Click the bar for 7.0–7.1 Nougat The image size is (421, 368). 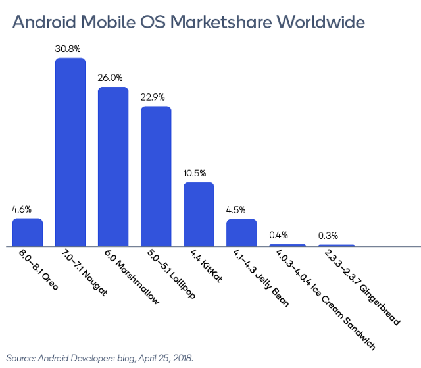coord(70,152)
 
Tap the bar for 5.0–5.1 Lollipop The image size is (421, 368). coord(156,176)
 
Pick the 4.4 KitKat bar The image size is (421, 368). coord(199,214)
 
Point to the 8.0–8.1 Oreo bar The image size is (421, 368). coord(28,232)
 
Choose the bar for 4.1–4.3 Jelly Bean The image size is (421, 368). coord(241,232)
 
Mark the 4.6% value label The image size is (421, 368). coord(22,209)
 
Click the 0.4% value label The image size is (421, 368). coord(279,235)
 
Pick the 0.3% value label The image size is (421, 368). coord(328,235)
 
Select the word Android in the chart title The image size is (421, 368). coord(45,22)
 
